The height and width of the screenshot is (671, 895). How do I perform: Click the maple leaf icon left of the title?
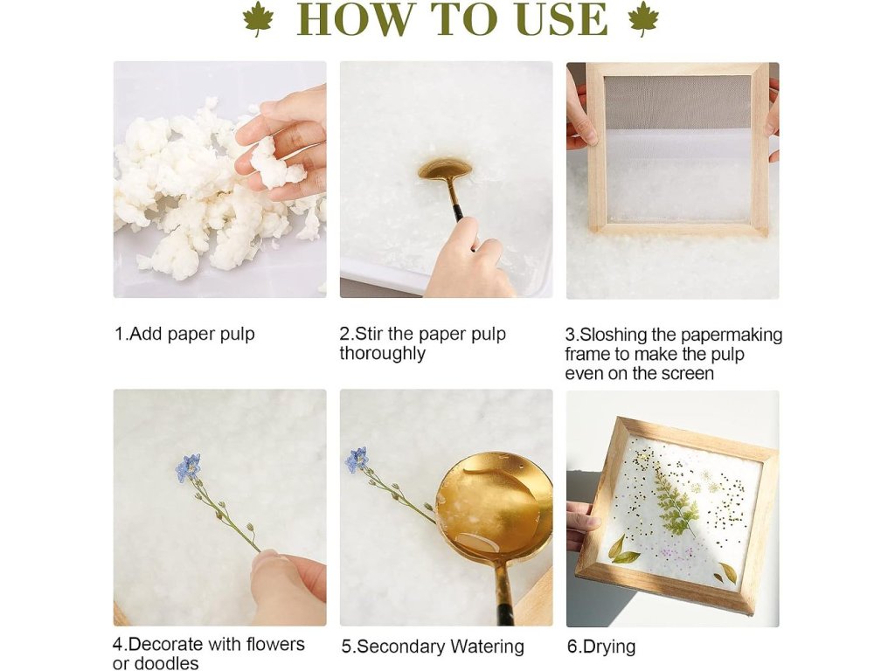click(x=258, y=19)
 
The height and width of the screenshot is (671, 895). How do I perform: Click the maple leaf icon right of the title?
click(x=643, y=19)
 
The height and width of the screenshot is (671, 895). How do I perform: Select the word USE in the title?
click(x=562, y=19)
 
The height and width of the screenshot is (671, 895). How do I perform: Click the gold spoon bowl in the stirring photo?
click(x=445, y=169)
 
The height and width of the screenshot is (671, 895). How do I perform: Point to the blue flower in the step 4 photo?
click(x=189, y=467)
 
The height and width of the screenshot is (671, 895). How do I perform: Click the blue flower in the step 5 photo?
click(x=357, y=460)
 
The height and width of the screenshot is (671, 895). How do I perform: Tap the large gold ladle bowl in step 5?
click(x=494, y=506)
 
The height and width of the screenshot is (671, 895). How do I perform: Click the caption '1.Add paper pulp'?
click(x=184, y=335)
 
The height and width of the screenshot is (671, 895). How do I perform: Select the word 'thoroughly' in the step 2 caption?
click(x=383, y=354)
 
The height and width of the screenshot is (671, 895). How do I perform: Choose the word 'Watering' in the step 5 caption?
click(x=487, y=647)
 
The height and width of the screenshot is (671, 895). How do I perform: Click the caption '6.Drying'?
click(x=601, y=647)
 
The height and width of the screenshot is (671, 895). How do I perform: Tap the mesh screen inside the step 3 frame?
click(x=677, y=149)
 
